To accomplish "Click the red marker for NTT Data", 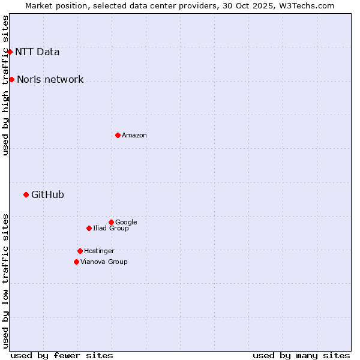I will tap(10, 52).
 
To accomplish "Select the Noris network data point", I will tap(11, 79).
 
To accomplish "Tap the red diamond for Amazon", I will tap(118, 135).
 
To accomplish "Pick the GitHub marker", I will tap(26, 194).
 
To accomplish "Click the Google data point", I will tap(111, 222).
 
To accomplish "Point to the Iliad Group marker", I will tap(89, 228).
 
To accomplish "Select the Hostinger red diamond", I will tap(80, 251).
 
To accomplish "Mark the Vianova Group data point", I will tap(76, 262).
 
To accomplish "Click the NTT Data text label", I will tap(37, 52).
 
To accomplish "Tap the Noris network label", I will tap(50, 80).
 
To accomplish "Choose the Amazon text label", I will tap(134, 136).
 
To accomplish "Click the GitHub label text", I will tap(47, 194).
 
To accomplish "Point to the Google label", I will tap(126, 222).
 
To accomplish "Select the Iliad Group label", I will tap(111, 228).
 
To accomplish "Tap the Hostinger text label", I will tap(99, 251).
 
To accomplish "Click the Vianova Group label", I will tap(104, 262).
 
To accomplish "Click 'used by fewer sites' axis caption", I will tap(62, 355).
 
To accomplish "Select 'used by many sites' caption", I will tap(301, 355).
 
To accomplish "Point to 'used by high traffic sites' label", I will tap(6, 85).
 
